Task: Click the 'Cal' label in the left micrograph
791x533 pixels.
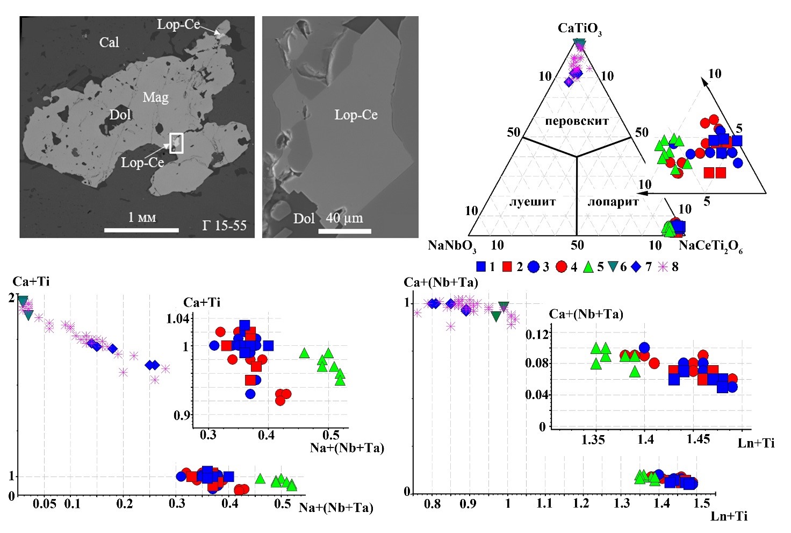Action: pos(109,42)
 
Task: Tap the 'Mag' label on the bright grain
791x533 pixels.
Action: pos(155,97)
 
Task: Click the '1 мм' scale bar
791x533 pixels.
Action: pos(141,229)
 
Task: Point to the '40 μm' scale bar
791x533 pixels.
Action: pos(344,231)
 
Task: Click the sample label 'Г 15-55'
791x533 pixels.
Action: pos(225,225)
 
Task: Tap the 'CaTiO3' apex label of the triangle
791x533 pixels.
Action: pos(579,29)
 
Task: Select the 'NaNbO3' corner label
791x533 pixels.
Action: pos(452,246)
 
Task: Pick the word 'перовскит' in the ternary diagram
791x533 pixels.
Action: pos(577,121)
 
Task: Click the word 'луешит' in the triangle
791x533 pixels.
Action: pos(532,202)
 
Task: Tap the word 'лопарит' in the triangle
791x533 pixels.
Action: pos(613,202)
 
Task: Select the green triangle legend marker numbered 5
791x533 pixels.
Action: pos(588,266)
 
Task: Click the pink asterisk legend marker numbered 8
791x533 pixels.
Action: pos(664,266)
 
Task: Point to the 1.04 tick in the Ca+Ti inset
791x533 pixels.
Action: pos(178,319)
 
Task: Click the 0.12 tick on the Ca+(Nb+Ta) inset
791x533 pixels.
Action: pos(537,335)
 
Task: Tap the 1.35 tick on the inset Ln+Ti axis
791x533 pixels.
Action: pos(593,440)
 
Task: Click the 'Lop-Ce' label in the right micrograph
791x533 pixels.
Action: pos(356,115)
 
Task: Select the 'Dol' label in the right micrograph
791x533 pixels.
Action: pos(304,218)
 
